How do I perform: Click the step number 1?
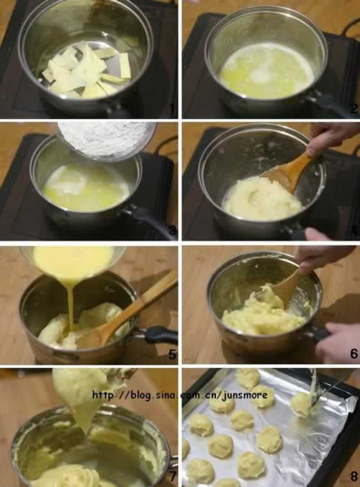coord(173,109)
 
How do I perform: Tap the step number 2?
coord(354,109)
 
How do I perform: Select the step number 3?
coord(172,231)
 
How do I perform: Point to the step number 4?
coord(354,231)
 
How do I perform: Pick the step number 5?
coord(172,354)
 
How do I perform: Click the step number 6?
coord(354,354)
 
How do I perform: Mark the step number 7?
coord(172,476)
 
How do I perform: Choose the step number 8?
coord(354,476)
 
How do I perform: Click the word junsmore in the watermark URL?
coord(244,395)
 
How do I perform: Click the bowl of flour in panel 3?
coord(107,140)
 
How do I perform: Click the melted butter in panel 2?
coord(266,71)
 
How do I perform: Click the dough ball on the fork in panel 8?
coord(302,403)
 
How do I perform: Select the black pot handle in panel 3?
coord(150,220)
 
